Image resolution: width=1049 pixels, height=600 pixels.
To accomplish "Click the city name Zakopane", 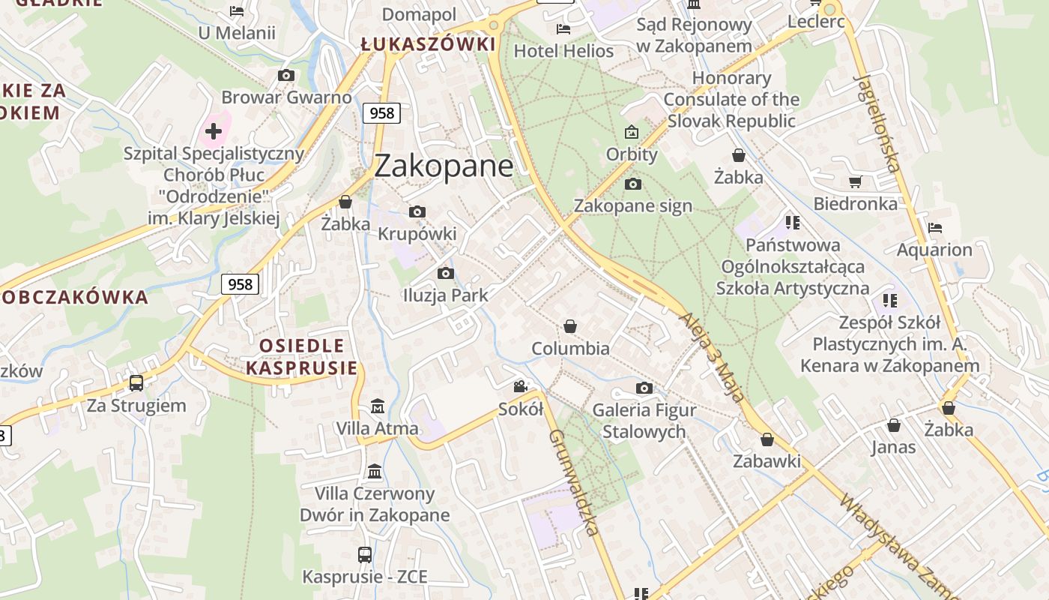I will click(x=444, y=166).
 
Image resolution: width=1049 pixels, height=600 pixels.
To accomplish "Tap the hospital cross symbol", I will click(x=214, y=132).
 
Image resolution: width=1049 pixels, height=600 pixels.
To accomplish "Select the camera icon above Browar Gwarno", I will click(x=285, y=75).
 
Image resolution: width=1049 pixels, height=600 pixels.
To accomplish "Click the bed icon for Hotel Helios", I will click(x=563, y=29).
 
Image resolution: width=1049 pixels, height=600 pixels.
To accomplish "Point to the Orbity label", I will click(x=632, y=154).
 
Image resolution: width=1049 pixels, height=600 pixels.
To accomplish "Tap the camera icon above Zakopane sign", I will click(x=632, y=184).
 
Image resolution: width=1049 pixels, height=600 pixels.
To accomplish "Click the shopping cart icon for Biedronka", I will click(x=855, y=181).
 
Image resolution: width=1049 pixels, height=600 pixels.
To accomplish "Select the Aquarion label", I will click(x=934, y=250).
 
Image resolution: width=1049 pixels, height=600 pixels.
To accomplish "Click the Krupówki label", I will click(x=417, y=234).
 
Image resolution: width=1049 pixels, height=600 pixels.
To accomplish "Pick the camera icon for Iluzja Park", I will click(x=445, y=273).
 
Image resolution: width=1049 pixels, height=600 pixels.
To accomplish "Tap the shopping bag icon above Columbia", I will click(x=570, y=326).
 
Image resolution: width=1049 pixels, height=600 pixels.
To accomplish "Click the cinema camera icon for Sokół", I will click(x=520, y=387).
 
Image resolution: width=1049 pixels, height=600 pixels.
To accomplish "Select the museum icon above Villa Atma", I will click(x=378, y=406).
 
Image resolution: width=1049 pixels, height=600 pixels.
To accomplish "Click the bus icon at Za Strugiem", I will click(x=136, y=383).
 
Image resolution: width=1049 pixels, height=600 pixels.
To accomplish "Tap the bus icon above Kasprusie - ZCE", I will click(x=365, y=555).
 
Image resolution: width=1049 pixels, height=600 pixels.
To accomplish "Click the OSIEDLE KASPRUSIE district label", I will click(x=302, y=356).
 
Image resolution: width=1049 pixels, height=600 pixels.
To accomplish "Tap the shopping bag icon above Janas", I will click(x=893, y=425).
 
